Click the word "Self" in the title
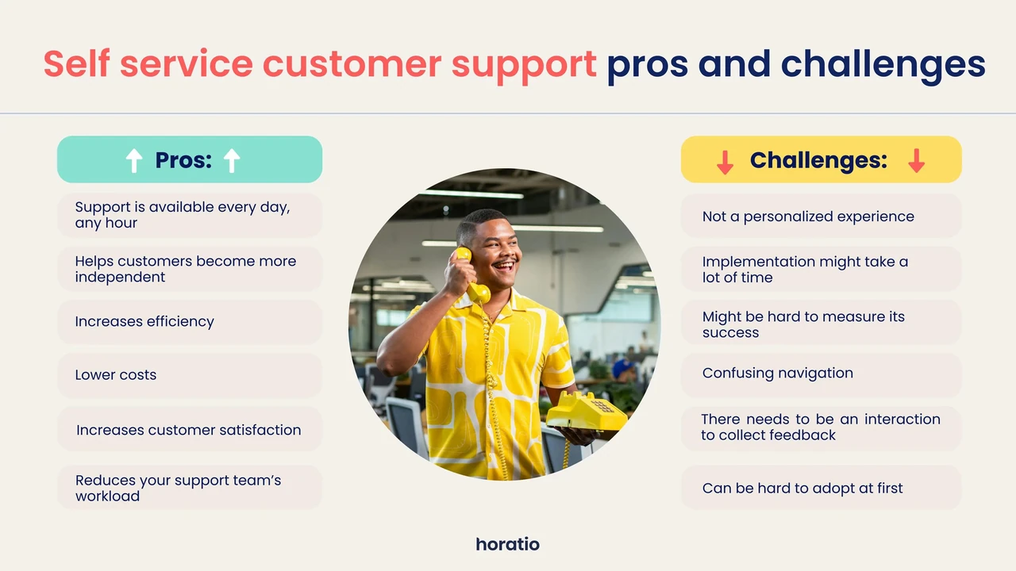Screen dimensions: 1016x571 pos(76,63)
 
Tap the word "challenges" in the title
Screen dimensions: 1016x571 pos(883,66)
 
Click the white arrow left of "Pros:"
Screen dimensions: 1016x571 pos(134,160)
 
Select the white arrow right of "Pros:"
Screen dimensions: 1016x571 pos(231,160)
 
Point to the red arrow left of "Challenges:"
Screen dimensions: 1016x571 pos(725,161)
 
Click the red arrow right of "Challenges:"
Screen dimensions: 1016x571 pos(916,160)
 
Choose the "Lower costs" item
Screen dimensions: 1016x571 pos(116,375)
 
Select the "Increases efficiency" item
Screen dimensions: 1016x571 pos(144,321)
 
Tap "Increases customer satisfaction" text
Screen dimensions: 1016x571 pos(188,430)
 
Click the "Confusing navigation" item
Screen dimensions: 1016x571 pos(777,373)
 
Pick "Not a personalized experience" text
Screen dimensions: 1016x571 pos(808,217)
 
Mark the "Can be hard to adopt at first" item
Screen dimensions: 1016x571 pos(802,488)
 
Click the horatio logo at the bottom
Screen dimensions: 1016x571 pos(507,544)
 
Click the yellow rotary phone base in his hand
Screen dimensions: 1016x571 pos(587,412)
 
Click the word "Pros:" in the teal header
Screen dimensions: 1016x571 pos(183,160)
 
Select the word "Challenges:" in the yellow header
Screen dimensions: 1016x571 pos(818,160)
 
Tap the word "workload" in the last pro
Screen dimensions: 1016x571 pos(107,496)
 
